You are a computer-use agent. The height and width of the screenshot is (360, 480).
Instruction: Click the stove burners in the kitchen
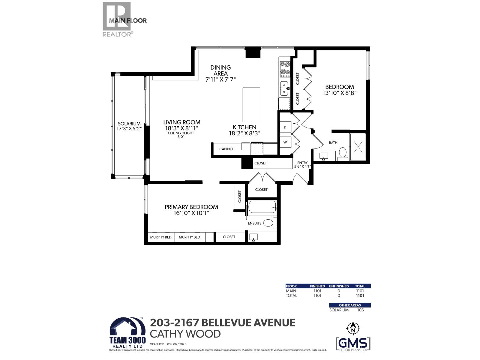point(285,69)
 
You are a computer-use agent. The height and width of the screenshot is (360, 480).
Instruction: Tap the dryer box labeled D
point(285,127)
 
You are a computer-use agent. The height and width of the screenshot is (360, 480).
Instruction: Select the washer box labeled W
point(285,142)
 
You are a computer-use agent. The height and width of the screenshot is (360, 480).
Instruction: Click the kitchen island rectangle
point(251,104)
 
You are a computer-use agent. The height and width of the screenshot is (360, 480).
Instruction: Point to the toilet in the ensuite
point(269,223)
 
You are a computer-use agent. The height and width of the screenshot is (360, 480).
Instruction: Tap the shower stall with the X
point(358,147)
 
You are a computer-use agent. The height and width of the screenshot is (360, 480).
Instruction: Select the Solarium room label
point(129,124)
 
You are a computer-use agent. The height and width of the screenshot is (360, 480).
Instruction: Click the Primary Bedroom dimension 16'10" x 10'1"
point(191,213)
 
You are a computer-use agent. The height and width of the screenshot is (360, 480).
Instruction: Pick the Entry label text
point(302,163)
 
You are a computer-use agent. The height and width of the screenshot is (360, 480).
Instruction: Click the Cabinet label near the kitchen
point(226,149)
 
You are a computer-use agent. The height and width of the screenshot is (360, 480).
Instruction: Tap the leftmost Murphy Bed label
point(161,237)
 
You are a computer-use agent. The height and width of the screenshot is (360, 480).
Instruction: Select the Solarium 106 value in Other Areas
point(360,310)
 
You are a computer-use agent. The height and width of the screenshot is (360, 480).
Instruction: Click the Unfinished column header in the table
point(339,286)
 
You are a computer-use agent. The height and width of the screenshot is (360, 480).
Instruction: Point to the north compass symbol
point(353,328)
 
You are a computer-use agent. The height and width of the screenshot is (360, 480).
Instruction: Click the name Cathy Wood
point(185,334)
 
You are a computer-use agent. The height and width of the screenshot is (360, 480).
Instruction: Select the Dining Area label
point(220,70)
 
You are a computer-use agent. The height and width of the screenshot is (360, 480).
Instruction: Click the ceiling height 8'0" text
point(181,137)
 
